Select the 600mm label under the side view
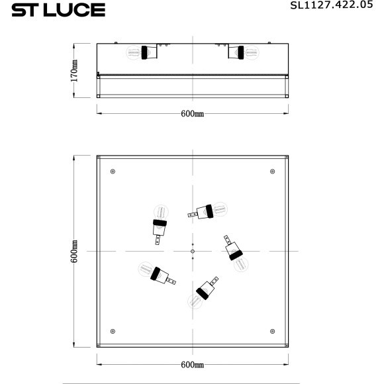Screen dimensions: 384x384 pyautogui.click(x=192, y=113)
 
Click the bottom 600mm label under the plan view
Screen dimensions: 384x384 pyautogui.click(x=192, y=365)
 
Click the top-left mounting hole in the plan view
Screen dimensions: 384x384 pyautogui.click(x=112, y=172)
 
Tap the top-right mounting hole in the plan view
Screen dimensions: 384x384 pyautogui.click(x=273, y=172)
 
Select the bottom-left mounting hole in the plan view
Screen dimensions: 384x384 pyautogui.click(x=112, y=330)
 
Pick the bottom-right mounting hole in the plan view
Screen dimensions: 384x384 pyautogui.click(x=273, y=330)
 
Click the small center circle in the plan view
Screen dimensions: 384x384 pyautogui.click(x=192, y=252)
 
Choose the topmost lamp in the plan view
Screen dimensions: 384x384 pyautogui.click(x=208, y=211)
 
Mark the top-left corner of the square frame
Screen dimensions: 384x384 pyautogui.click(x=98, y=157)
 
